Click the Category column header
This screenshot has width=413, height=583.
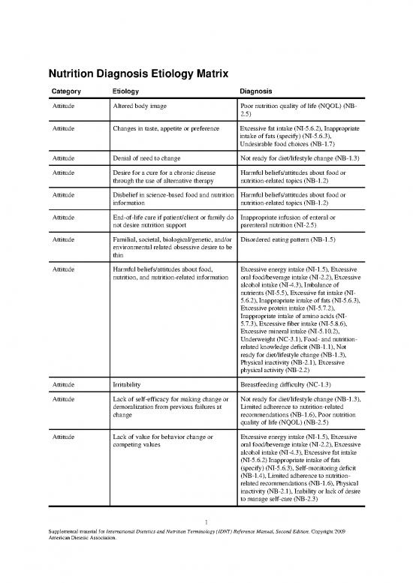tap(67, 92)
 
